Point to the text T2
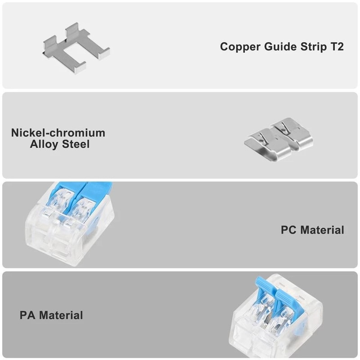tap(336, 47)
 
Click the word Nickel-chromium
tap(58, 133)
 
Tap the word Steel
tap(76, 144)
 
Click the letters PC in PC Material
tap(289, 230)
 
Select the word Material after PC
tap(322, 230)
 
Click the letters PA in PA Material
tap(27, 315)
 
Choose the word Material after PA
tap(61, 315)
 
